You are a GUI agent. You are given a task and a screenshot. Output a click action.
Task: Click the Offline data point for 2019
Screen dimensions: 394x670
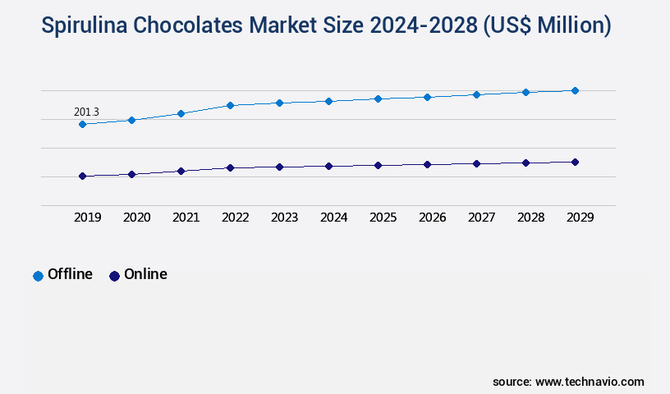(82, 124)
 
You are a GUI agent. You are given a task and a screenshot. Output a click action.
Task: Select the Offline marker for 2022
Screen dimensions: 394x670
(230, 105)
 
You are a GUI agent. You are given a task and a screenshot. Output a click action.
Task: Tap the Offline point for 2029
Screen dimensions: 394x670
(575, 90)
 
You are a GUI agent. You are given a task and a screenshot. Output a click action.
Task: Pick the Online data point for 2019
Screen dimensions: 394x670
(82, 176)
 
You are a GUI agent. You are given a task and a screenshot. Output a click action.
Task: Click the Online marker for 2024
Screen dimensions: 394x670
(328, 166)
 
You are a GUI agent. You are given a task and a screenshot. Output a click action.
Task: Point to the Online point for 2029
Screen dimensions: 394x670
(575, 162)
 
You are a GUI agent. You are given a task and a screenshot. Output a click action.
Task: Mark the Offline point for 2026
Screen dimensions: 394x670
(427, 97)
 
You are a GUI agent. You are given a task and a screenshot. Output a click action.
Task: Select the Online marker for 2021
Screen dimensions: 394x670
(181, 171)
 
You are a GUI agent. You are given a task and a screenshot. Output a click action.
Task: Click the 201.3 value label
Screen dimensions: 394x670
(86, 112)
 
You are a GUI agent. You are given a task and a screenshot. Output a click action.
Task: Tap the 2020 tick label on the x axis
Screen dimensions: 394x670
(136, 218)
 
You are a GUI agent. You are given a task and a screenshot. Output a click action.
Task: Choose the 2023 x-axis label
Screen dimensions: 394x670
(284, 218)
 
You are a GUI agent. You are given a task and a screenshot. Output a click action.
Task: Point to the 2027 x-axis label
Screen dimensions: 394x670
(481, 218)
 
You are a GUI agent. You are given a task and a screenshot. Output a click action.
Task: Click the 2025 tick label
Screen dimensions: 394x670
(383, 218)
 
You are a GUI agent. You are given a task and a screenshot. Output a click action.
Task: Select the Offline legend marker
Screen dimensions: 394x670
(38, 276)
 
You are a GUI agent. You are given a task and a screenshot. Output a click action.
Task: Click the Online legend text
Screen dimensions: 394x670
(145, 274)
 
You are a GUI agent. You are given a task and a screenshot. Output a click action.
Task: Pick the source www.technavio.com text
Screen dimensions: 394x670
(568, 382)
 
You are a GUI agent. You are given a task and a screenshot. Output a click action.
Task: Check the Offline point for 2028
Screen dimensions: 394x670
(525, 92)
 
